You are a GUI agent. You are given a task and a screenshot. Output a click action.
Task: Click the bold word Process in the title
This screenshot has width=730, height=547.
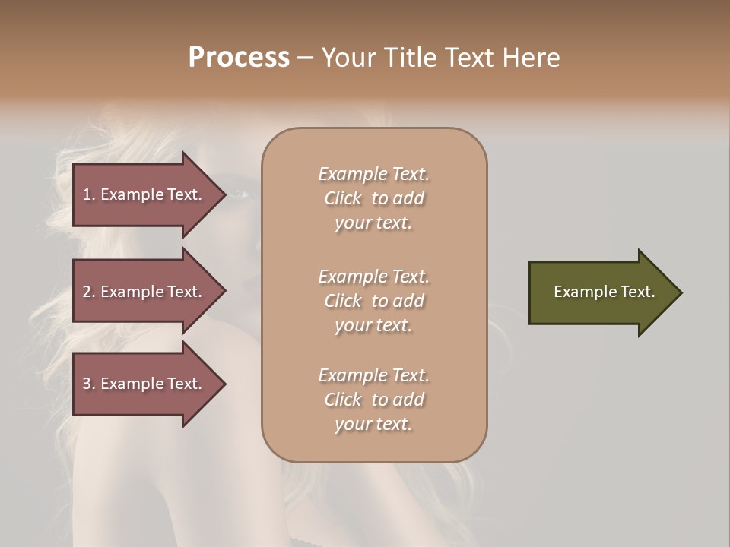tap(239, 58)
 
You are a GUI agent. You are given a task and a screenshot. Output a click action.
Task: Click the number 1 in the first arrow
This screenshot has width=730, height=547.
tap(87, 194)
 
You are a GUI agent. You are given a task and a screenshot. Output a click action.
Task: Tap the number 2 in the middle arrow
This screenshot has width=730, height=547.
tap(87, 292)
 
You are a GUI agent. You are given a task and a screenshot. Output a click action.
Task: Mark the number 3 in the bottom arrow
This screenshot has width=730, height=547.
tap(87, 384)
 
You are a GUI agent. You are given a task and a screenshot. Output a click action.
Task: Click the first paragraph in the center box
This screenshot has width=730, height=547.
tap(373, 198)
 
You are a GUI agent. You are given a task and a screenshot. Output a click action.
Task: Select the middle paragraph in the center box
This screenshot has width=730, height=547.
tap(373, 301)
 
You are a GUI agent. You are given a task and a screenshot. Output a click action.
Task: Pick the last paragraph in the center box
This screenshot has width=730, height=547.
tap(373, 400)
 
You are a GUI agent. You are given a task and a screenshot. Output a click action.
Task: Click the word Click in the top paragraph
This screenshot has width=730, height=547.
tap(343, 198)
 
